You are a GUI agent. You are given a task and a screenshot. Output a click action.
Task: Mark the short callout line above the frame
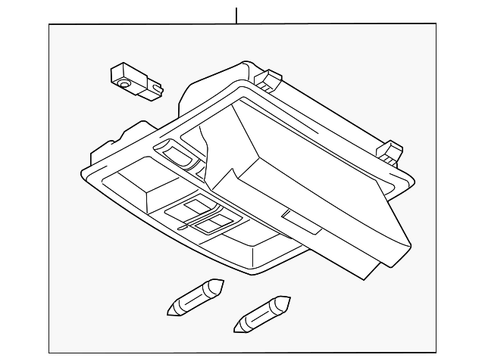tap(236, 15)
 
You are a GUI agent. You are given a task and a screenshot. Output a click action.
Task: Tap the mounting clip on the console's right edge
tap(392, 151)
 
